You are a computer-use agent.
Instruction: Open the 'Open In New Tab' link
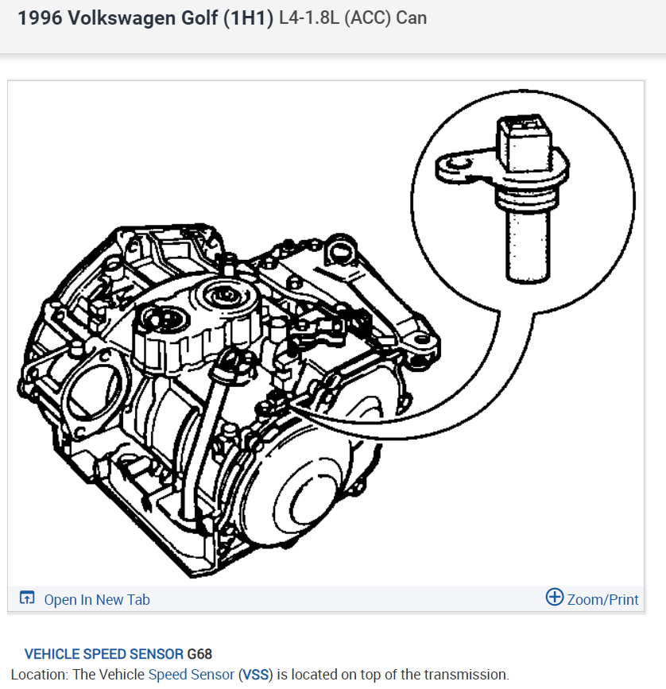coord(97,600)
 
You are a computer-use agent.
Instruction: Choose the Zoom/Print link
coord(602,599)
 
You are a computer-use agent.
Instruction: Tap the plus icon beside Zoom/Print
coord(555,598)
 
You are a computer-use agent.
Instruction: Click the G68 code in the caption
coord(199,655)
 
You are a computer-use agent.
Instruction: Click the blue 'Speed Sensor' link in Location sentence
coord(191,675)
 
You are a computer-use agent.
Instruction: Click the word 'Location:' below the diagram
coord(39,675)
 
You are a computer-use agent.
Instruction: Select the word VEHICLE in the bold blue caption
coord(51,655)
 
